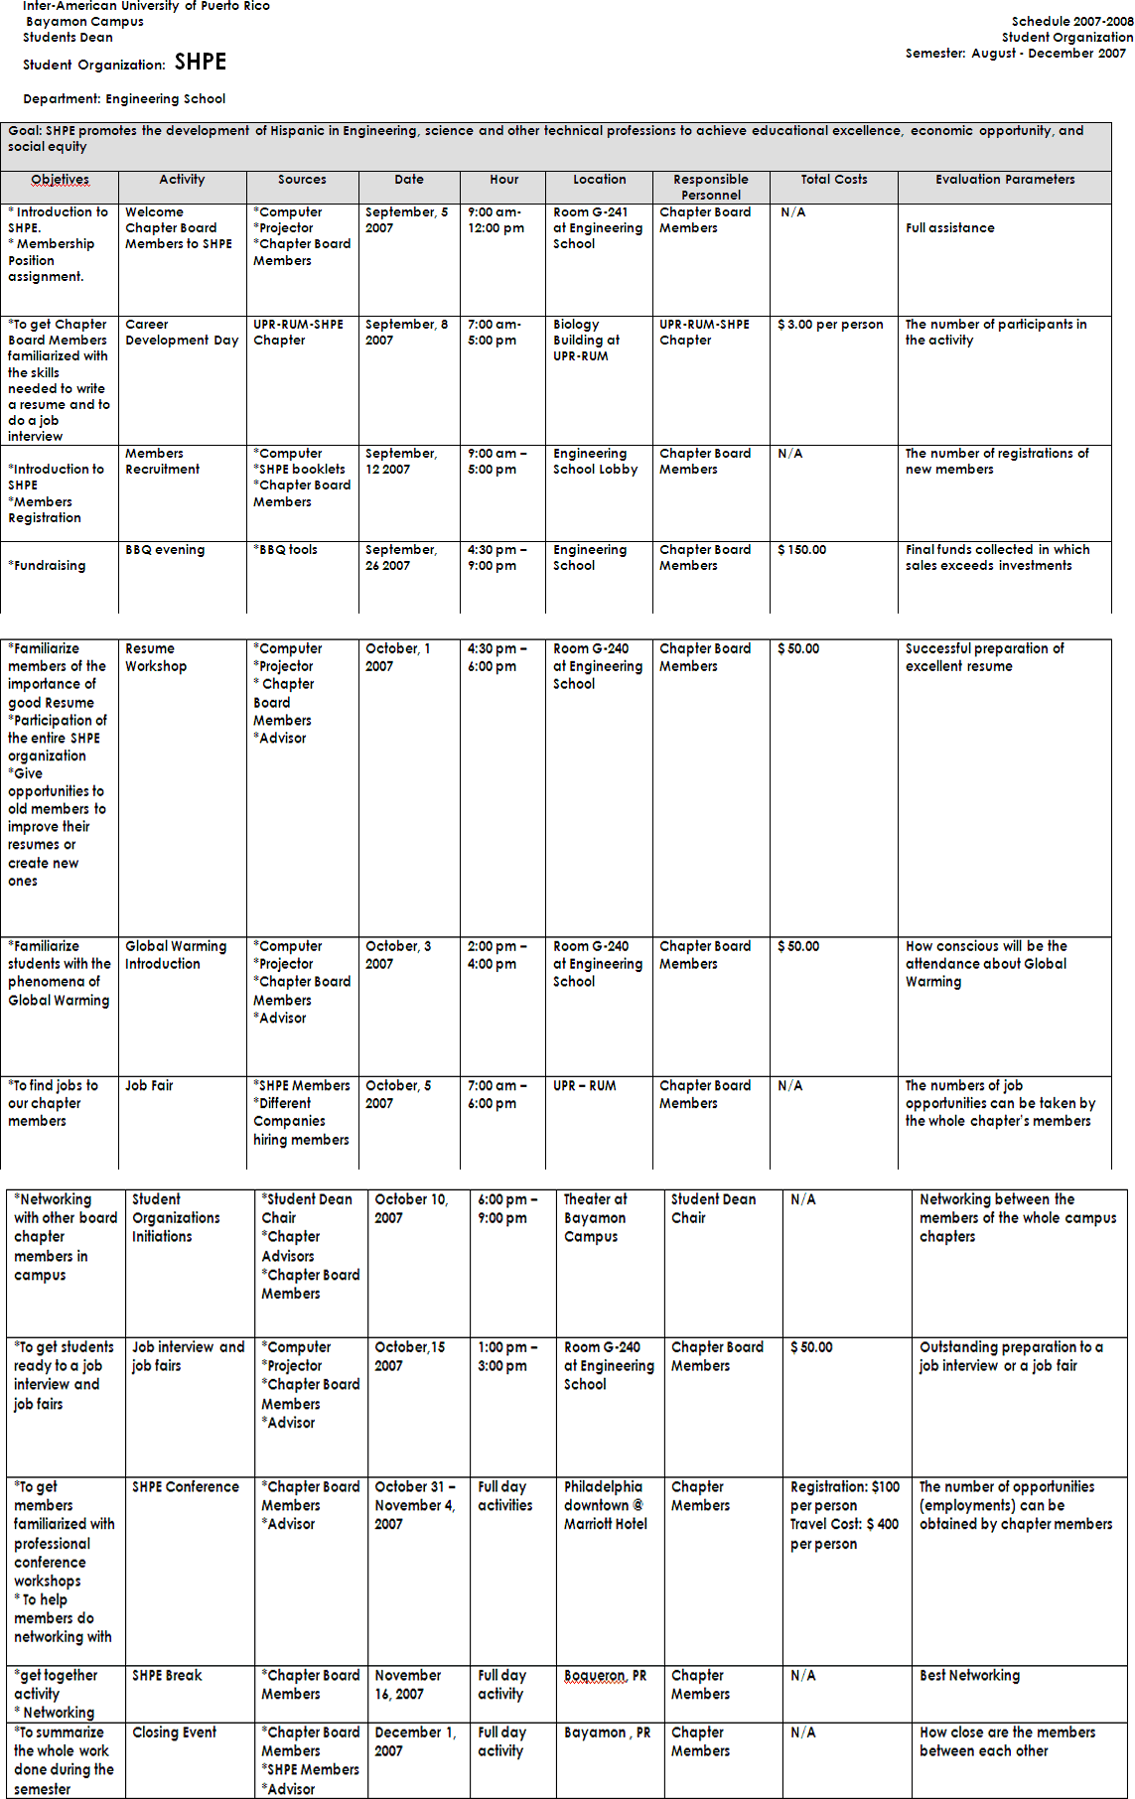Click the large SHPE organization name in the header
pos(200,63)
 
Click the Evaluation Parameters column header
pos(1004,180)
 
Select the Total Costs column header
pos(833,180)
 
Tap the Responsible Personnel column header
pos(710,187)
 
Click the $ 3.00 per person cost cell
pos(830,325)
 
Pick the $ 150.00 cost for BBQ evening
pos(801,550)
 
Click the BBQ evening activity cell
pos(165,550)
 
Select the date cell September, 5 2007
pos(406,219)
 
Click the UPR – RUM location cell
pos(584,1086)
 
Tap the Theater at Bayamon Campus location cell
pos(595,1217)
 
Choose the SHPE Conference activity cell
pos(186,1487)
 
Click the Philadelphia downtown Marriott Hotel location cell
pos(605,1505)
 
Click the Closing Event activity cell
pos(174,1732)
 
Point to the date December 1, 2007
pos(414,1741)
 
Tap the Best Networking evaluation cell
pos(969,1676)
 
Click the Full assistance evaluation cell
pos(949,228)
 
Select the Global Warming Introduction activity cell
pos(175,955)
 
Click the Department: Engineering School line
pos(124,99)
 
